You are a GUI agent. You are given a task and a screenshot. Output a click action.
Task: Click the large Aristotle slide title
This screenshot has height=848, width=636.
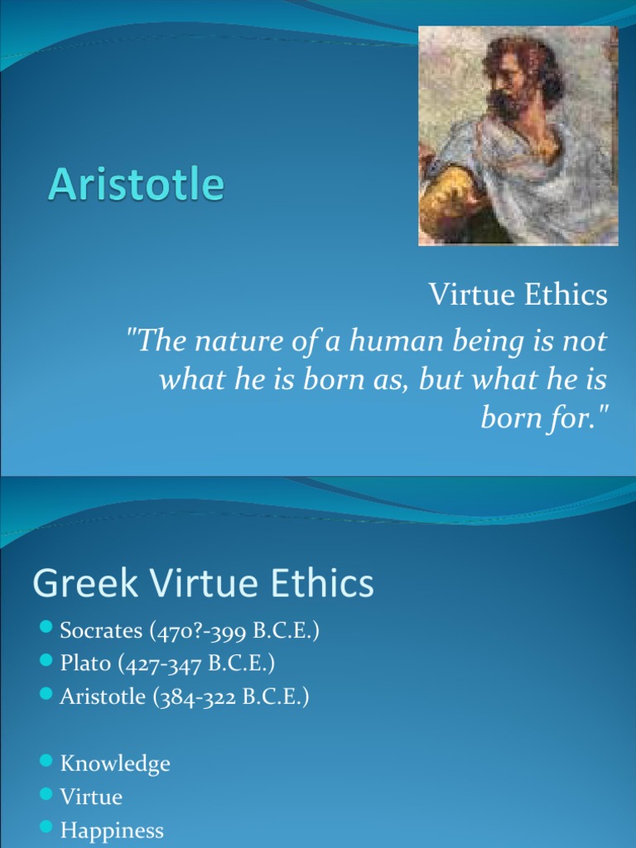(x=136, y=184)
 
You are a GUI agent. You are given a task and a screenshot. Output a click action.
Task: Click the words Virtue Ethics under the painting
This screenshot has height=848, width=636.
(x=518, y=295)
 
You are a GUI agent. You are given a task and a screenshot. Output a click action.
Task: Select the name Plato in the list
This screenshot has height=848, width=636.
(x=84, y=664)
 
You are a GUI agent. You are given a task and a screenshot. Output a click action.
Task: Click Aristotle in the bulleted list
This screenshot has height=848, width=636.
(x=103, y=697)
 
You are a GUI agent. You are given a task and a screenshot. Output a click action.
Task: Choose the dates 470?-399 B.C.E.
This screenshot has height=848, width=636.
(x=234, y=631)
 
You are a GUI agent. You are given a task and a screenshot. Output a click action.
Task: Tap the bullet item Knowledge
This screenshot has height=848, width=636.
(x=115, y=764)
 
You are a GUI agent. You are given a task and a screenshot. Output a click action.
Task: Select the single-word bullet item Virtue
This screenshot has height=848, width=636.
(x=91, y=797)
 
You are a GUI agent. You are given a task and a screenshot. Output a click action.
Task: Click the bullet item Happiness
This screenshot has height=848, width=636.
(x=112, y=830)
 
